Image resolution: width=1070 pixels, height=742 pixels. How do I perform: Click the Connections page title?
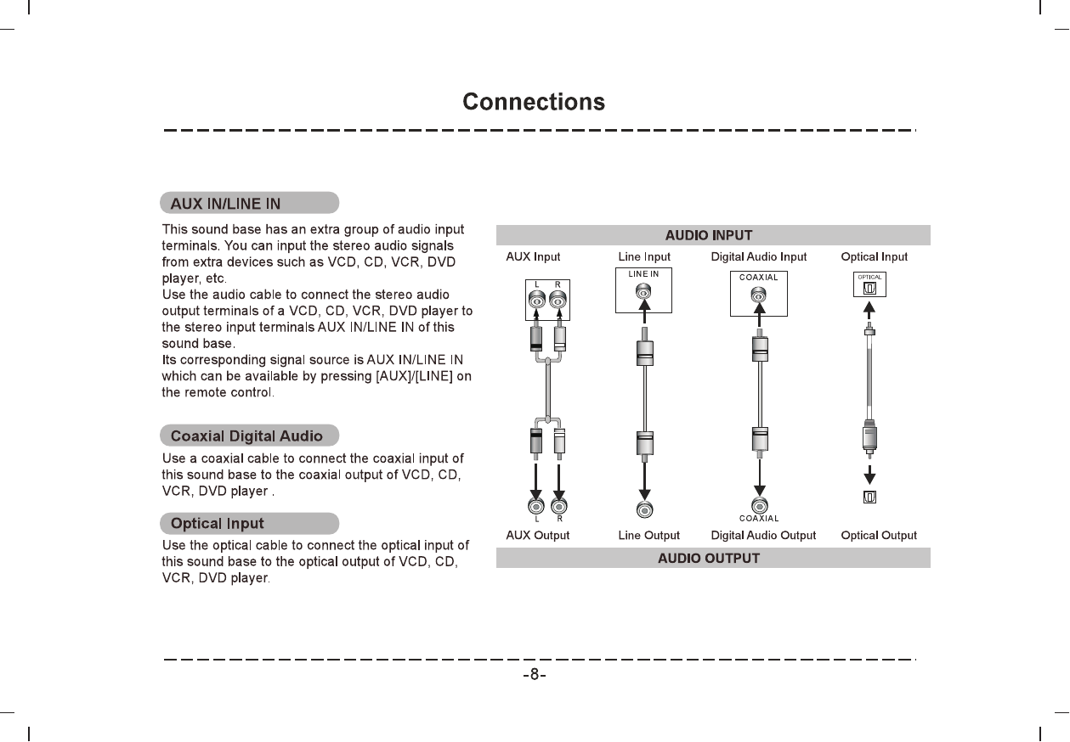point(534,103)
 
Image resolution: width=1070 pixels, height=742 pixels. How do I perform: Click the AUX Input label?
point(533,256)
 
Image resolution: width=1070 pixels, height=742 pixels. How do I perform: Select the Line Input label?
point(644,256)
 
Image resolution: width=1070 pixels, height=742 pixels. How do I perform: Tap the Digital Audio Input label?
point(759,256)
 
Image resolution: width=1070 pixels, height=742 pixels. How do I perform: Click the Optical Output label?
point(879,536)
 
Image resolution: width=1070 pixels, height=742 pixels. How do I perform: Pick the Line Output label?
point(648,536)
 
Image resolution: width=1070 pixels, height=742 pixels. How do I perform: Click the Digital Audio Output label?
point(763,536)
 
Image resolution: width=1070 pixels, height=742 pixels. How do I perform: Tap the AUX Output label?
point(537,536)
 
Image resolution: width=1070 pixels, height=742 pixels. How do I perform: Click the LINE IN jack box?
point(643,290)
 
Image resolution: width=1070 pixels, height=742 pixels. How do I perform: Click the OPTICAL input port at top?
point(869,285)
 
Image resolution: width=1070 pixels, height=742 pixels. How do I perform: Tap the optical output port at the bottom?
point(870,497)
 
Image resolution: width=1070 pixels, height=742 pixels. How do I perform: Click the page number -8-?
point(534,676)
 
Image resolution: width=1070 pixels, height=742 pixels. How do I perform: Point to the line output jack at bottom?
point(645,509)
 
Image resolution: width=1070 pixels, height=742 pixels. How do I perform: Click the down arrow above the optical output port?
point(870,473)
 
